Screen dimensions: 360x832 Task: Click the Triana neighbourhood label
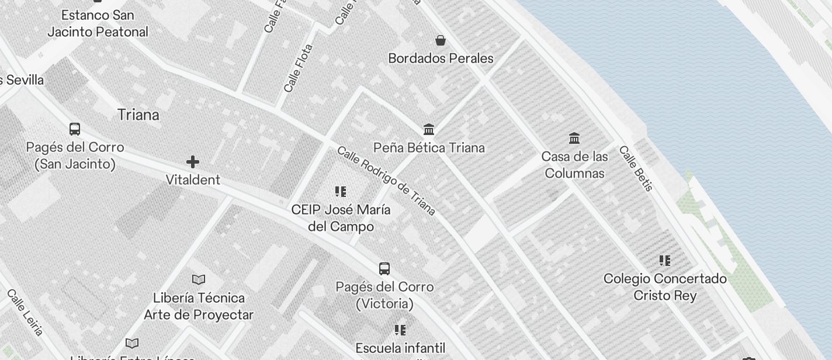[x=138, y=115]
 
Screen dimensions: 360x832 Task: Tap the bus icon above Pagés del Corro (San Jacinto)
[x=75, y=129]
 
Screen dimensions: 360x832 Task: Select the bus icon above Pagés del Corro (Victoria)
[x=384, y=269]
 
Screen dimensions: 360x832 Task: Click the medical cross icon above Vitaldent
[x=193, y=162]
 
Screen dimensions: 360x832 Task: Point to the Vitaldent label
[x=193, y=180]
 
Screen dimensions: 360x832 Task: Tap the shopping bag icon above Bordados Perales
[x=441, y=40]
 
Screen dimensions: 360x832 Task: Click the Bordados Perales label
[x=441, y=58]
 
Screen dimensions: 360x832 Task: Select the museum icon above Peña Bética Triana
[x=429, y=129]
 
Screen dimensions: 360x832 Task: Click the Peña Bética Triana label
[x=429, y=148]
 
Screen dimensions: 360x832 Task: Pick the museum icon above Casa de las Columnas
[x=574, y=139]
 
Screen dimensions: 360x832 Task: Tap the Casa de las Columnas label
[x=574, y=165]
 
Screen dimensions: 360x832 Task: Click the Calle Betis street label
[x=636, y=168]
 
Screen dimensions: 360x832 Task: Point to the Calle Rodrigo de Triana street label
[x=386, y=180]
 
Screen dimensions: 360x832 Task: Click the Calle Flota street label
[x=298, y=68]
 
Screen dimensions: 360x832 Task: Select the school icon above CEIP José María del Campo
[x=341, y=192]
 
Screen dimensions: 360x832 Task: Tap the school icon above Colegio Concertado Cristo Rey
[x=665, y=260]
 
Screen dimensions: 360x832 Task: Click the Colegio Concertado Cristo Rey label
[x=665, y=287]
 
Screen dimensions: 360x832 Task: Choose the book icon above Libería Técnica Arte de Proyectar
[x=199, y=279]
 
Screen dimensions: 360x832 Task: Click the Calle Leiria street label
[x=26, y=313]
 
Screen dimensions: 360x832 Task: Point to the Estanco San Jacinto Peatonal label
[x=98, y=23]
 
